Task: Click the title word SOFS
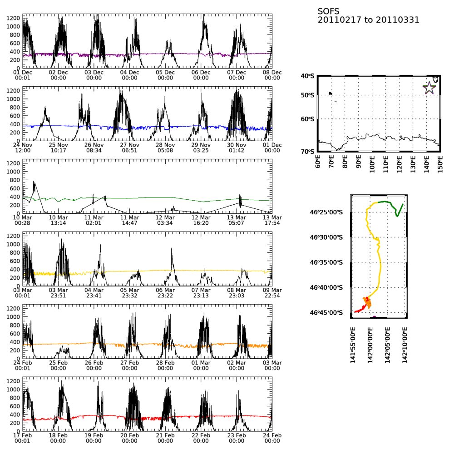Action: [x=328, y=11]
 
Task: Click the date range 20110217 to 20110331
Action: [x=368, y=20]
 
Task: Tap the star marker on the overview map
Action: [x=429, y=88]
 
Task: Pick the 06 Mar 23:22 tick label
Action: [x=165, y=293]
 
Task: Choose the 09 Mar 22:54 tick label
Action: [x=272, y=293]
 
